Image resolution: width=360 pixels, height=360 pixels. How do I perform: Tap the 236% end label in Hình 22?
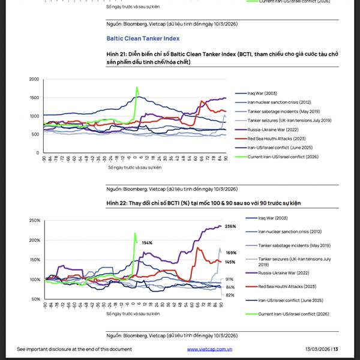coord(230,227)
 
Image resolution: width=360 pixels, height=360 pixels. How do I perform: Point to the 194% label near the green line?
coord(147,243)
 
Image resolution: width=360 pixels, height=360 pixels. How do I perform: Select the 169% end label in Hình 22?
coord(230,253)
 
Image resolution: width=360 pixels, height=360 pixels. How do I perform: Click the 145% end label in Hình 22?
coord(230,262)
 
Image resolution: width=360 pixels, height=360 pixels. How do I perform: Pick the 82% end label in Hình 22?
coord(230,295)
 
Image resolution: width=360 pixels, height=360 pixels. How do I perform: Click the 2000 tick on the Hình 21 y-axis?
coord(33,79)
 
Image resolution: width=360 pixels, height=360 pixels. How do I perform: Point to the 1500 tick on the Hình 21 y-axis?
coord(33,98)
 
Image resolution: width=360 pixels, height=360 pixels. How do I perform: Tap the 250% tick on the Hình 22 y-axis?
coord(34,221)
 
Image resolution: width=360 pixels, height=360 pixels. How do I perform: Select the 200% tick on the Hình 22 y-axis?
coord(34,241)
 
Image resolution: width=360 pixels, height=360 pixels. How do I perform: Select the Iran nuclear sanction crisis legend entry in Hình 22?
coord(290,232)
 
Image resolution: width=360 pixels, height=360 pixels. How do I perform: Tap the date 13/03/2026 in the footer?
coord(317,349)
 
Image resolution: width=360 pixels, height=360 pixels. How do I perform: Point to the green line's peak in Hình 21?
coord(137,88)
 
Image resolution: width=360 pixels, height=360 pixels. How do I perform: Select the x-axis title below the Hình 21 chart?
coord(133,167)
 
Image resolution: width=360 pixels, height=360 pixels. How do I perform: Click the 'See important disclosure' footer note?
coord(74,349)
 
